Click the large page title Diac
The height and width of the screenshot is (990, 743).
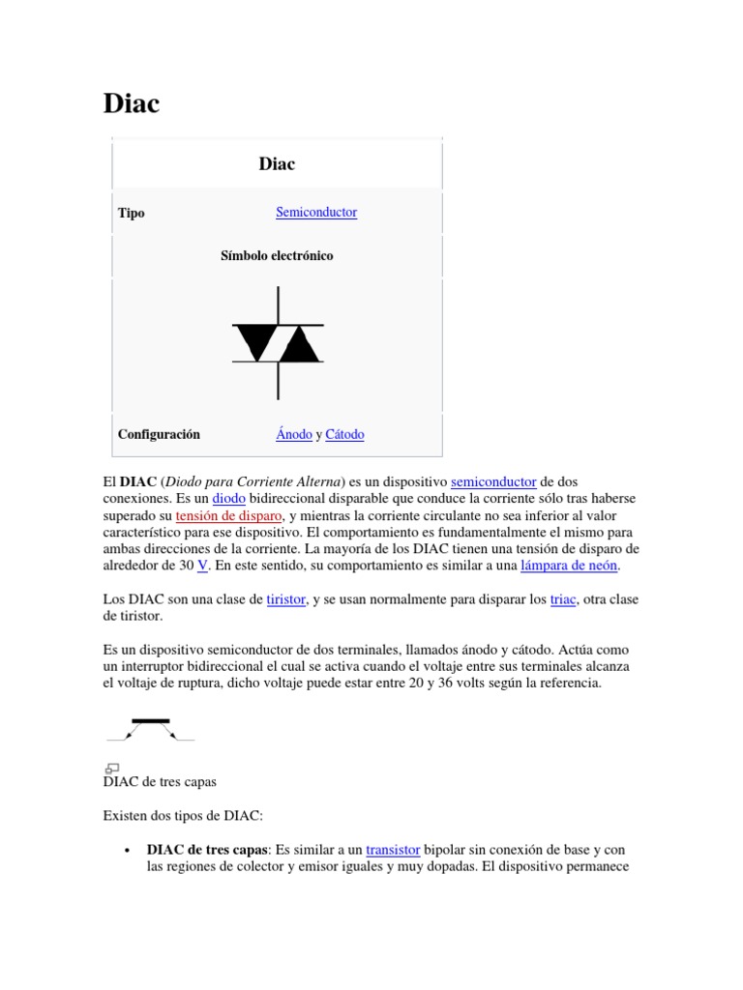click(131, 103)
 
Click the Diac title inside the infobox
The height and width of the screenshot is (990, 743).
click(277, 164)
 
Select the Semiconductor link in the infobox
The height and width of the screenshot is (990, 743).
click(316, 212)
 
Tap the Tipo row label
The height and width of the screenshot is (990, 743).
click(132, 213)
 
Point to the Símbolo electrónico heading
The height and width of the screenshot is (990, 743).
click(277, 256)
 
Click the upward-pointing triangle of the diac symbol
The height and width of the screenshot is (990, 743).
click(299, 345)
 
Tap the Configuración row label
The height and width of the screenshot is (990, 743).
click(159, 434)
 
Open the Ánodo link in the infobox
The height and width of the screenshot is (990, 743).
click(294, 434)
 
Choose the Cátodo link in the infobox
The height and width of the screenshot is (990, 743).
click(344, 434)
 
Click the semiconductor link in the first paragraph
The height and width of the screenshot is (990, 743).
click(493, 480)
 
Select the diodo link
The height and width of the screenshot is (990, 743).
click(229, 498)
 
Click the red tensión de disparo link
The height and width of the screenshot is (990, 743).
click(229, 515)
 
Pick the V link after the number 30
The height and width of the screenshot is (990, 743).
click(203, 565)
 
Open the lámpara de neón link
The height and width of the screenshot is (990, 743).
click(569, 565)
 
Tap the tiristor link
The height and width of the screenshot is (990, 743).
click(286, 599)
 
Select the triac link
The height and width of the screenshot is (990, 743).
click(563, 599)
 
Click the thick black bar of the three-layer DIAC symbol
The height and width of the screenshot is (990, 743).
click(151, 720)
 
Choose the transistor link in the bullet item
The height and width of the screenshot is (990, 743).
click(393, 849)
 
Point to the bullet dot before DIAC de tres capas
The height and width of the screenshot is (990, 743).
click(129, 850)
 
